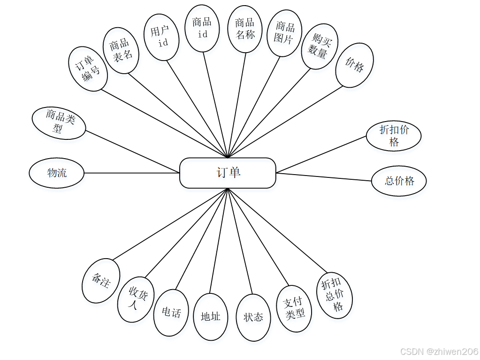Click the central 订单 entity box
point(228,173)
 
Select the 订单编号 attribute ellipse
point(88,69)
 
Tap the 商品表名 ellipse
point(121,50)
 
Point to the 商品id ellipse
point(202,28)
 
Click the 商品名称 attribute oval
point(244,29)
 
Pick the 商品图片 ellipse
point(284,32)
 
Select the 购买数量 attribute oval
point(319,46)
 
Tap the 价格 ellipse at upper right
point(355,65)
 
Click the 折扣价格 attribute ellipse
point(394,136)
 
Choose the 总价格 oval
point(399,181)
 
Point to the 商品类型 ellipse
point(59,123)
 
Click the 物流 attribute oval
point(57,173)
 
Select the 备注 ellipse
point(101,281)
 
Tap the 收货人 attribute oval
point(136,299)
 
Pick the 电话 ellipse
point(171,313)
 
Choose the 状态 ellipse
point(253,318)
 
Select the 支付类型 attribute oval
point(295,308)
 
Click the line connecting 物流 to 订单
point(131,173)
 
